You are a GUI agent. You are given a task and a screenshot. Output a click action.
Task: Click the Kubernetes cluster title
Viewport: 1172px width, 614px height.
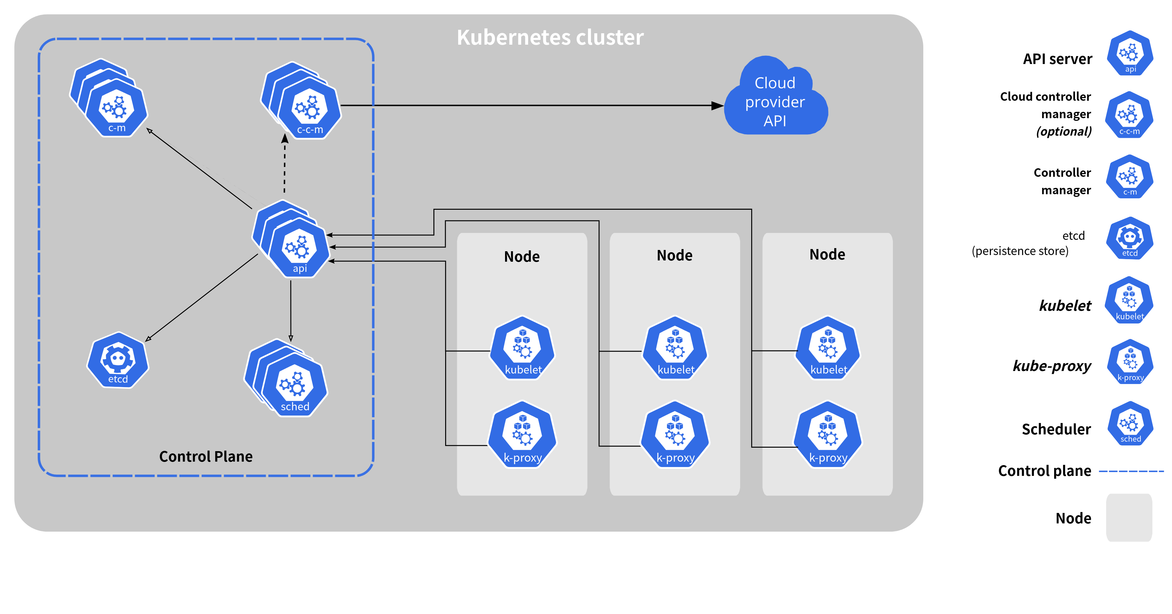tap(550, 37)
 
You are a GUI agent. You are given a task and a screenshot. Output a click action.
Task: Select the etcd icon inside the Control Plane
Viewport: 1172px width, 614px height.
tap(118, 360)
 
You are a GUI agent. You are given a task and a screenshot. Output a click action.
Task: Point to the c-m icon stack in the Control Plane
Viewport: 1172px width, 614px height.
tap(109, 98)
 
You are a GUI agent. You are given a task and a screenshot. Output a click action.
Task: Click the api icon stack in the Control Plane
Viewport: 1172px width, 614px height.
tap(291, 239)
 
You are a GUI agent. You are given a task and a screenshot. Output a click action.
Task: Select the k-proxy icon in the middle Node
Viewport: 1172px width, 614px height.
tap(675, 434)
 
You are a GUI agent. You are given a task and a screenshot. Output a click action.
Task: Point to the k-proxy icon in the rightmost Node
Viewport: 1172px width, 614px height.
tap(828, 434)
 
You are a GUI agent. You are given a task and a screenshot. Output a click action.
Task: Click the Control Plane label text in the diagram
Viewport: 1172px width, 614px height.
tap(206, 456)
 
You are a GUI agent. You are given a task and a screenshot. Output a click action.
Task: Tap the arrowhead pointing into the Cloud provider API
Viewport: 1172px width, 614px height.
tap(717, 106)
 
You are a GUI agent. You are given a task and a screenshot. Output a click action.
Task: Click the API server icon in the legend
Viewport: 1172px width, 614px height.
tap(1130, 53)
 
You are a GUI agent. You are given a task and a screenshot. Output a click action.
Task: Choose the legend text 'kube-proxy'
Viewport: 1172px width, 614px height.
tap(1052, 366)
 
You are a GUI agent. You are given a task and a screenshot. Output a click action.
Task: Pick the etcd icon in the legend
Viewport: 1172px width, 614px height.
tap(1130, 238)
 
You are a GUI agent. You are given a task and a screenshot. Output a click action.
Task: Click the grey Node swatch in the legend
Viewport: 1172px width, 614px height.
tap(1129, 518)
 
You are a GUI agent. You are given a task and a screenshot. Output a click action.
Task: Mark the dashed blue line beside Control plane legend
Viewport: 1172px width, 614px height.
tap(1131, 471)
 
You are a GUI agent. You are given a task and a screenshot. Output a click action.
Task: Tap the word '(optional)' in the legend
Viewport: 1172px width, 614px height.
tap(1064, 131)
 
